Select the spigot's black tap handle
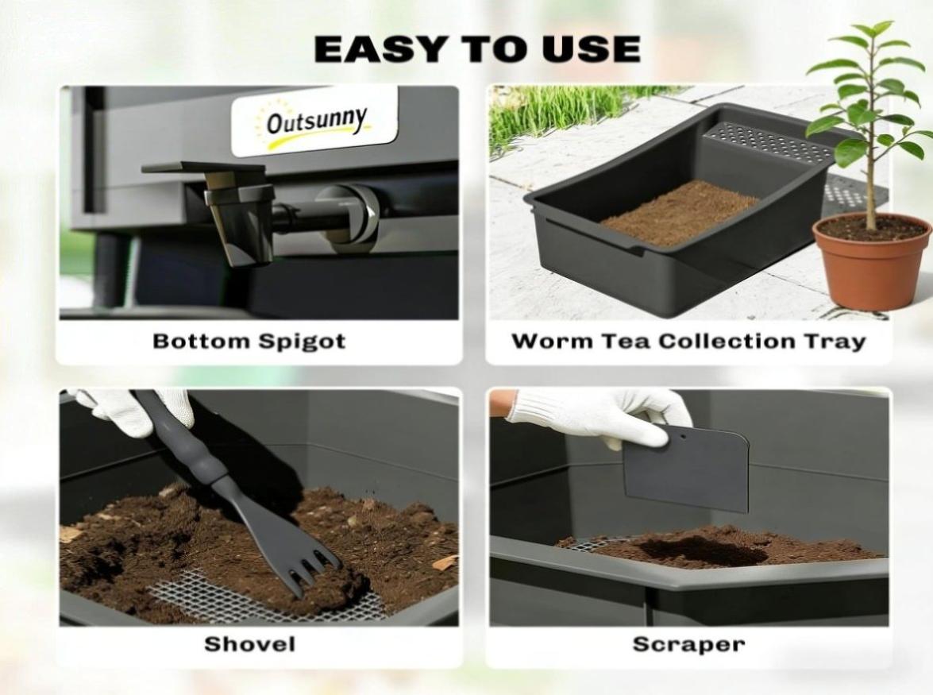coord(204,168)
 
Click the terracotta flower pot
coord(871,261)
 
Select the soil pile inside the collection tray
coord(680,213)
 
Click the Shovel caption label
coord(249,644)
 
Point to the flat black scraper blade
coord(686,469)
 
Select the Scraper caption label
coord(688,644)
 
